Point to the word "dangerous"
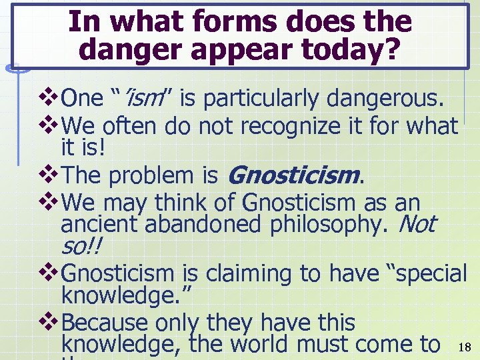380,100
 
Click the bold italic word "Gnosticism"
293,176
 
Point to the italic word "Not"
416,224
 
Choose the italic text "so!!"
83,247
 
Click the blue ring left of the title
19,65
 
